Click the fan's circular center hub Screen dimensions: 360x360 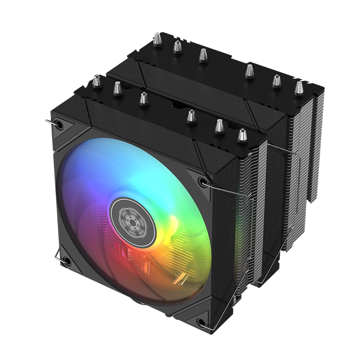click(133, 220)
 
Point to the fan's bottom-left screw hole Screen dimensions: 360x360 click(67, 261)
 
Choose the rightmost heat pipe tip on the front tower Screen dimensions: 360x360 click(242, 135)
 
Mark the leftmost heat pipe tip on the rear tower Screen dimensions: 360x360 click(157, 39)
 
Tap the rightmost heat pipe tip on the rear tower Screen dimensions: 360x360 click(298, 87)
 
